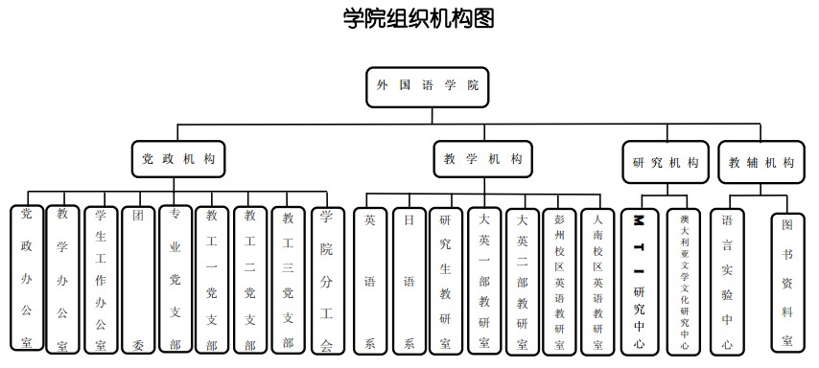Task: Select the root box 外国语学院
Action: click(x=428, y=85)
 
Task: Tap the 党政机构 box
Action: click(x=177, y=160)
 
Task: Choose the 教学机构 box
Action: click(x=483, y=160)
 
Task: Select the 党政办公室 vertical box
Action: click(x=26, y=278)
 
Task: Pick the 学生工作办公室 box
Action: click(x=100, y=279)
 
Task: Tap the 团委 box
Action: click(x=138, y=279)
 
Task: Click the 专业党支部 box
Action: click(x=175, y=279)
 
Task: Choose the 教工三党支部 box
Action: click(x=288, y=279)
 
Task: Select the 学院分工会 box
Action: click(x=326, y=279)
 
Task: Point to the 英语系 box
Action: click(x=370, y=280)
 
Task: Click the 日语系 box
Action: click(x=409, y=280)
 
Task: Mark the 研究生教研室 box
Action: click(x=446, y=280)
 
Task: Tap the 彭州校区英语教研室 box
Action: click(x=559, y=280)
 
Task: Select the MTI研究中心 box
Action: click(x=639, y=280)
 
